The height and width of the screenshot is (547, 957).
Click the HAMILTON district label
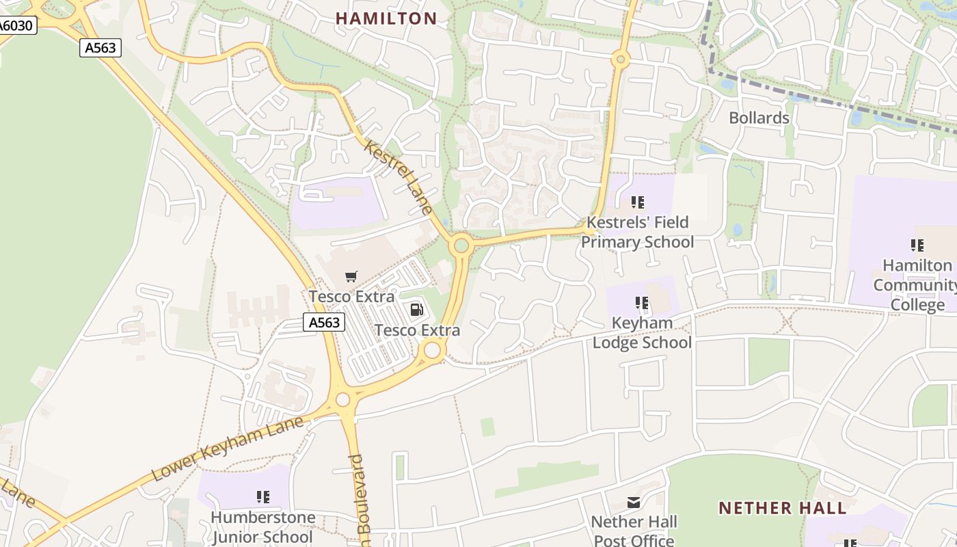[386, 18]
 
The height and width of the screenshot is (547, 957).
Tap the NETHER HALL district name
[783, 508]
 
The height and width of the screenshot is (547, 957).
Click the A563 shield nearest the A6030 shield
[100, 48]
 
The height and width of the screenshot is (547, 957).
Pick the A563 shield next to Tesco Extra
[324, 322]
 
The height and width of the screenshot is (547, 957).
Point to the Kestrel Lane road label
[399, 177]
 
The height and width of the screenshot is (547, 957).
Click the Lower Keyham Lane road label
[226, 449]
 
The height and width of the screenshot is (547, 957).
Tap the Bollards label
[759, 118]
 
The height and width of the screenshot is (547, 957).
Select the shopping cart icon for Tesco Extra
[351, 277]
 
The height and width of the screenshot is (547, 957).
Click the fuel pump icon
[416, 310]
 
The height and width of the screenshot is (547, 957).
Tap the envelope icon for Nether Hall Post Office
[634, 503]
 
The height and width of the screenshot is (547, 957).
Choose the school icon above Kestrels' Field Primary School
[637, 202]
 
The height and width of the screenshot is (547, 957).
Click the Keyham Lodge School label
[642, 332]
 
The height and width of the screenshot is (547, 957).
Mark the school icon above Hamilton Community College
[917, 245]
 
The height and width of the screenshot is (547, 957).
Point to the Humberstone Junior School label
[262, 527]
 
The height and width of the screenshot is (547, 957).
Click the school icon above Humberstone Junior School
[262, 497]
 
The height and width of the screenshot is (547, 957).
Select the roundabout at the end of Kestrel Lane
[461, 245]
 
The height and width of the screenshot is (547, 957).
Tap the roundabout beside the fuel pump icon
[432, 351]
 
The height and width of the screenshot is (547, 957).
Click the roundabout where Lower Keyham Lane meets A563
[343, 399]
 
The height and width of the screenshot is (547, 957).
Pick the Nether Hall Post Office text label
[634, 531]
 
